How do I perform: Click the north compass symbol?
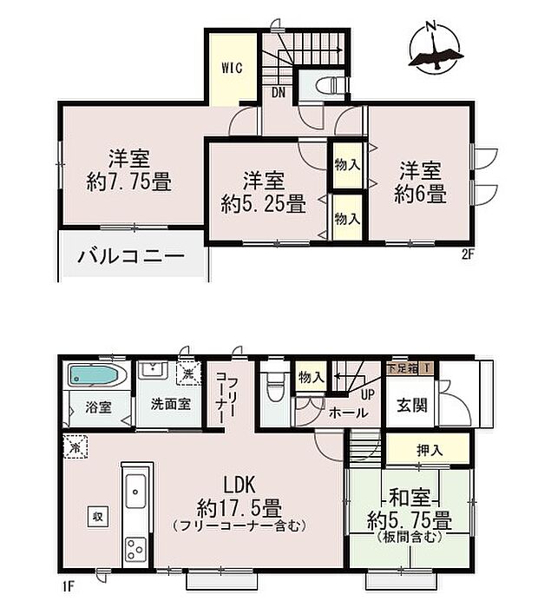click(x=433, y=48)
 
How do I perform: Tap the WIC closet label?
click(x=231, y=67)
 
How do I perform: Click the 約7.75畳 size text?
click(x=129, y=183)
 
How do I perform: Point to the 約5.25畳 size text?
click(x=263, y=205)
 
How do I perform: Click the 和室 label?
click(x=409, y=499)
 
